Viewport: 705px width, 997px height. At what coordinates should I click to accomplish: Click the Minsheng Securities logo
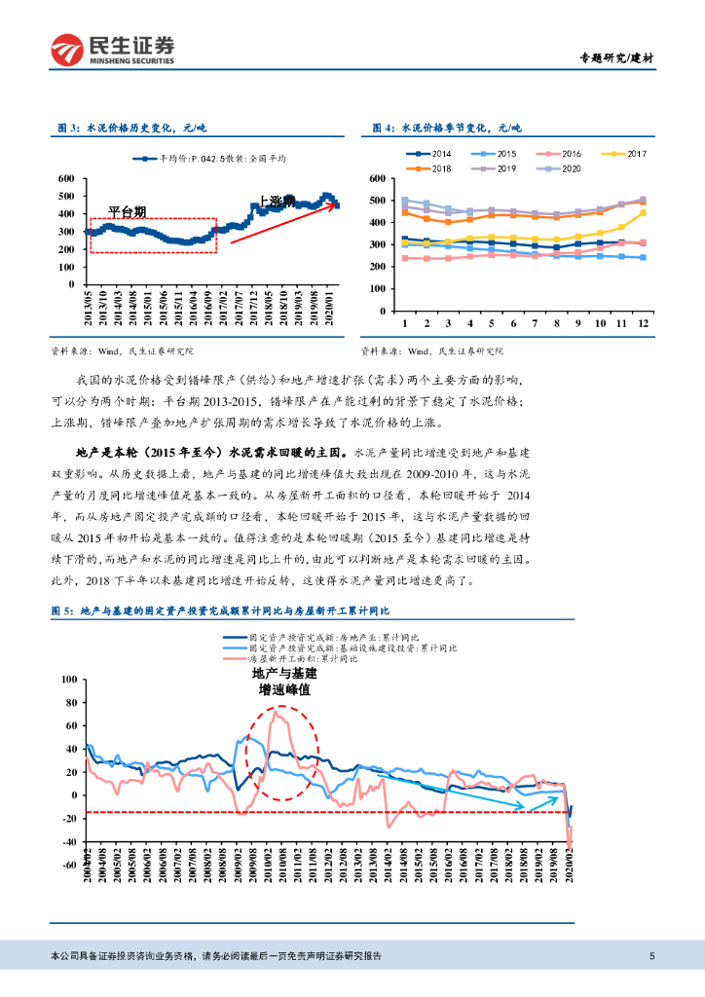[113, 49]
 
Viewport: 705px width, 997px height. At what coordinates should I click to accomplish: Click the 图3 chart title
[132, 128]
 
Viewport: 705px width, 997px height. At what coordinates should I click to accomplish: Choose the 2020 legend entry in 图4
[566, 168]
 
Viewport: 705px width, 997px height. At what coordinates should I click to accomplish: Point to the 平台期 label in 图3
[127, 210]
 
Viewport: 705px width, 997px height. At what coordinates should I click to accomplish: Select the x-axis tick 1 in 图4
[403, 322]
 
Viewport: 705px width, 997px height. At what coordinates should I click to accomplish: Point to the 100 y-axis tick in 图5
[68, 679]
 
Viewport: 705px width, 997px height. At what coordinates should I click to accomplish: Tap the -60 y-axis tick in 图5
[68, 865]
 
